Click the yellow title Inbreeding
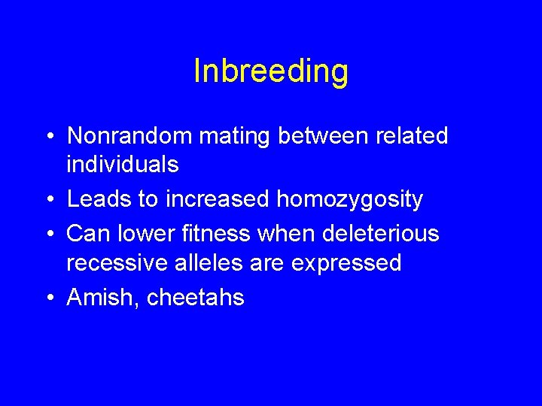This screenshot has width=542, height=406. tap(271, 71)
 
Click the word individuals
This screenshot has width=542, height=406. tap(122, 164)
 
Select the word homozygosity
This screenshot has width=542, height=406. tap(349, 200)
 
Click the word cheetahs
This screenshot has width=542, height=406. tap(196, 298)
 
